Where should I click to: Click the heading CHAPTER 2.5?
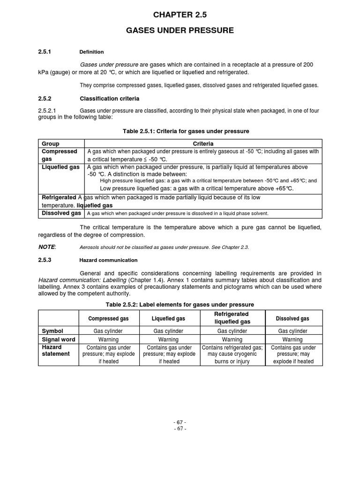(x=180, y=15)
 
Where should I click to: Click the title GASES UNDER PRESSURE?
(x=180, y=30)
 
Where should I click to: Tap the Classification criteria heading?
(x=109, y=99)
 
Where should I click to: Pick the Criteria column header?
(x=203, y=143)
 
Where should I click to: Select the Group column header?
(x=51, y=143)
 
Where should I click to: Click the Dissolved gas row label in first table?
(x=61, y=213)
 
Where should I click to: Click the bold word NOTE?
(x=46, y=247)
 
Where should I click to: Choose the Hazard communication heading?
(x=108, y=260)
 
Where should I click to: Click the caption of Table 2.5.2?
(x=180, y=305)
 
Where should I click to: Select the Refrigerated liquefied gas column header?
(x=232, y=318)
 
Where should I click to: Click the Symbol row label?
(x=52, y=330)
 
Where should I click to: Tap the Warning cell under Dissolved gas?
(x=292, y=339)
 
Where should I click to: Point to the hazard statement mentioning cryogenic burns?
(x=232, y=354)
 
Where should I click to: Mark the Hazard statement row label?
(x=56, y=351)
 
